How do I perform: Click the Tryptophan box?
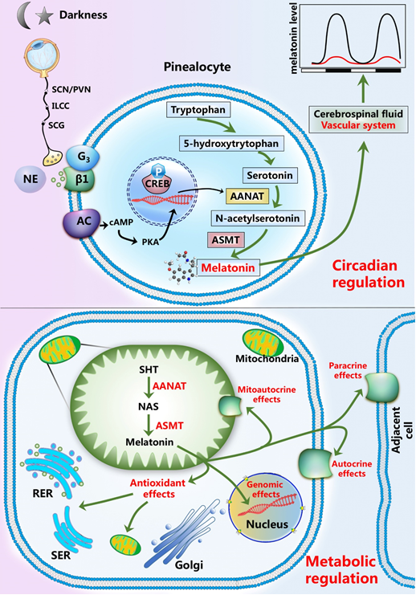click(198, 111)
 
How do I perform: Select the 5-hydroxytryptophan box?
click(231, 144)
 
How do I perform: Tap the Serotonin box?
click(270, 175)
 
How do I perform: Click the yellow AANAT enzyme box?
click(247, 196)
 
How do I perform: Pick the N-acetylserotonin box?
click(258, 218)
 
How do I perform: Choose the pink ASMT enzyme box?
click(226, 240)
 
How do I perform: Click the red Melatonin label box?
click(228, 267)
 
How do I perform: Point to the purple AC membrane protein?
click(82, 222)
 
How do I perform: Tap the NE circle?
click(31, 178)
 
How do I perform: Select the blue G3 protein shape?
click(83, 157)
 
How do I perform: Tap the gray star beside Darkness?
click(44, 17)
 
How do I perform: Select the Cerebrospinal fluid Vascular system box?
click(358, 120)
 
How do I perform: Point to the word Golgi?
click(189, 564)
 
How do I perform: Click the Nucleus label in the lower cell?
click(267, 524)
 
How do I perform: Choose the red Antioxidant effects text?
click(158, 488)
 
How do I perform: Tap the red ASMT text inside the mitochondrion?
click(169, 426)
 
